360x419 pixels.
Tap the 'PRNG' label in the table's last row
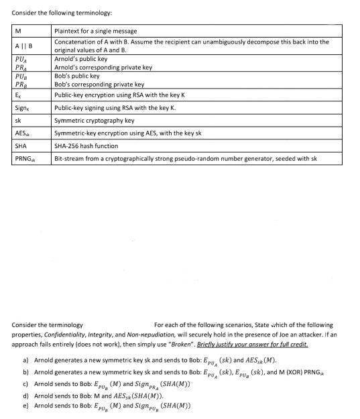(x=24, y=159)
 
